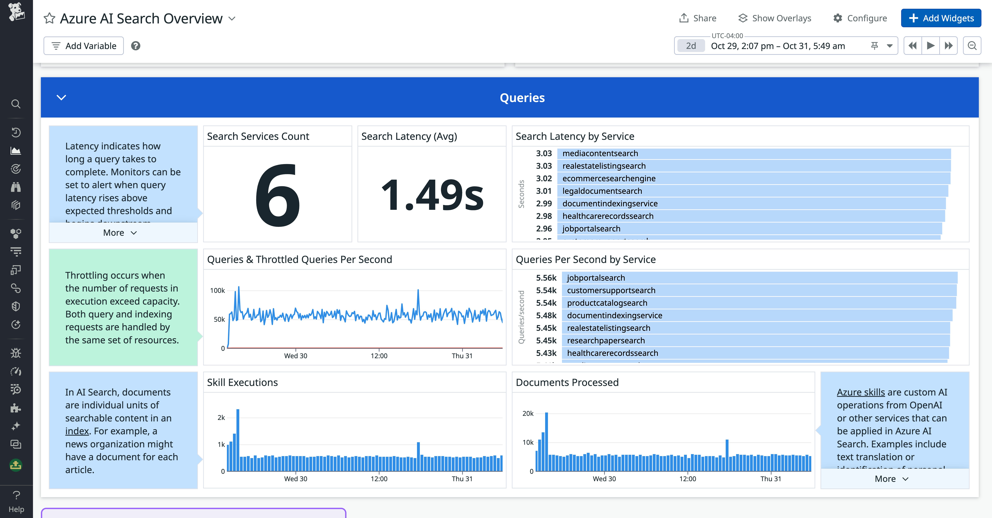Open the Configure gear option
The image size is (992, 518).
860,18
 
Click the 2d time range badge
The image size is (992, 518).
691,46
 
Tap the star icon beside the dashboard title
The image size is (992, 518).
49,18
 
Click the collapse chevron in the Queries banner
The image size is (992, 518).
61,98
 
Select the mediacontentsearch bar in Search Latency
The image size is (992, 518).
754,153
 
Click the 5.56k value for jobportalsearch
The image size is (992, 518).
546,278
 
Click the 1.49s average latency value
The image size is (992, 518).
432,195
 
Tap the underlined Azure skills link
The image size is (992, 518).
861,392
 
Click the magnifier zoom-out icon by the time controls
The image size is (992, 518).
972,46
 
